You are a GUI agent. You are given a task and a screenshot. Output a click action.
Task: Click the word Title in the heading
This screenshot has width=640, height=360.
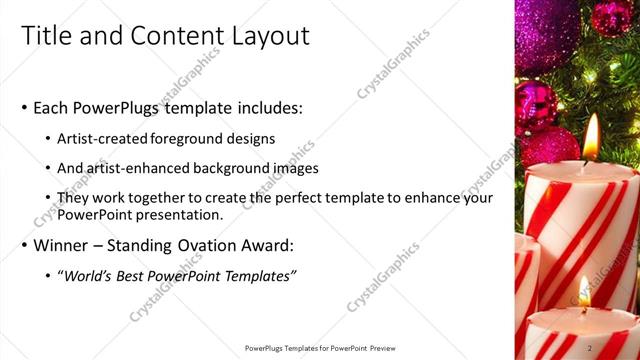46,36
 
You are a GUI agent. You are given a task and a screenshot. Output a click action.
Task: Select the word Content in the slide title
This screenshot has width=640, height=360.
161,36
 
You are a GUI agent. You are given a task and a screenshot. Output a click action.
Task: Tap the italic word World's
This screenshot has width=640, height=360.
92,275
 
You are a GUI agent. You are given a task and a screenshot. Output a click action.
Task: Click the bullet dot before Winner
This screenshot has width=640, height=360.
25,246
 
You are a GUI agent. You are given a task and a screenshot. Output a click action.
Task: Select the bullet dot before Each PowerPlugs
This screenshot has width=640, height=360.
25,108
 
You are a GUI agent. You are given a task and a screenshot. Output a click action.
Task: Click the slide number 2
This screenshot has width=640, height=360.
590,348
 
